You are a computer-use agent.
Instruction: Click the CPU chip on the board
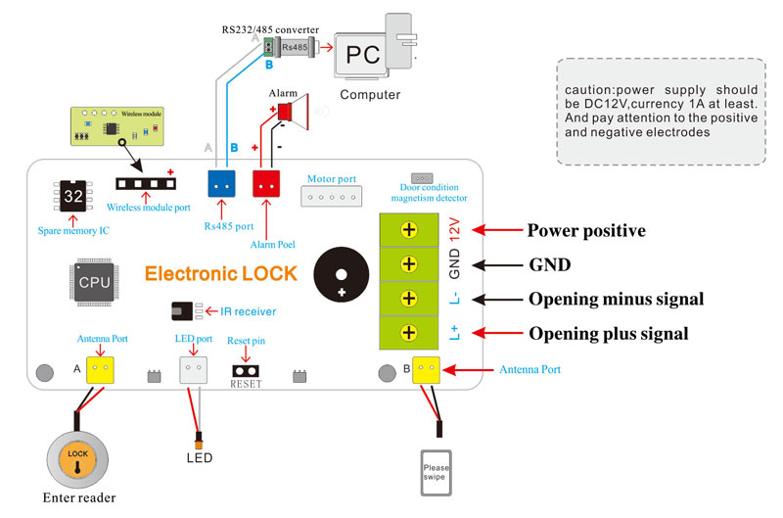tap(94, 281)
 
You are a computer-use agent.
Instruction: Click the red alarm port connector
tap(266, 183)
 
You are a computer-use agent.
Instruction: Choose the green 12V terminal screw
tap(409, 230)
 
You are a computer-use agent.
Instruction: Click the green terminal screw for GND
tap(409, 264)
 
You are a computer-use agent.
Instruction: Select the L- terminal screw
tap(409, 299)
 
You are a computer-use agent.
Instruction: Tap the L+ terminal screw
tap(409, 333)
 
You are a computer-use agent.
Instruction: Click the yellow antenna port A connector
tap(101, 370)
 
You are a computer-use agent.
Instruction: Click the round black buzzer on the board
tap(342, 273)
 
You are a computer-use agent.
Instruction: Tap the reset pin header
tap(246, 371)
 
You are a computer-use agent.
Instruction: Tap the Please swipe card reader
tap(437, 472)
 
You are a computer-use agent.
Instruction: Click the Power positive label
tap(586, 231)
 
